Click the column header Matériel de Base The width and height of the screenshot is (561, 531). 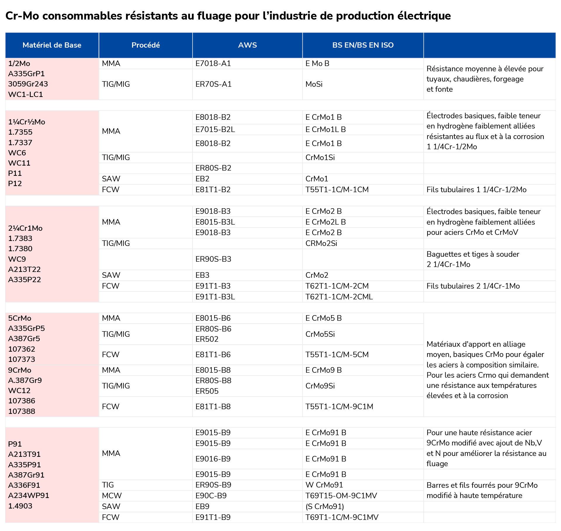pos(52,45)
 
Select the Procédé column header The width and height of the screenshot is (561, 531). pos(146,45)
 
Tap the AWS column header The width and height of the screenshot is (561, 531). pos(247,45)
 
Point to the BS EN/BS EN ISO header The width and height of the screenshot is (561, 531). pos(363,45)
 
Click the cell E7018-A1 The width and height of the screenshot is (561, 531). pos(213,63)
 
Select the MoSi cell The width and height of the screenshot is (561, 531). pos(314,84)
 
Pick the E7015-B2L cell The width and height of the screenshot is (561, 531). pos(215,129)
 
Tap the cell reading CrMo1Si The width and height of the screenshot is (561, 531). pos(320,157)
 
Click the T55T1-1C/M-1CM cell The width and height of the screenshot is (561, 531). pos(337,190)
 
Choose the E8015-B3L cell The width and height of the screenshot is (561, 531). pos(215,222)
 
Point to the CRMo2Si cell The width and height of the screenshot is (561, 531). pos(321,243)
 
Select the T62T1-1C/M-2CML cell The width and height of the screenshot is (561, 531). pos(339,297)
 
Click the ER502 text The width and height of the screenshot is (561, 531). pos(207,339)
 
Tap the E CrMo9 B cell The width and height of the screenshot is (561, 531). pos(324,370)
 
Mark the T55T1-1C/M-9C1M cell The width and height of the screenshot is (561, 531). pos(340,407)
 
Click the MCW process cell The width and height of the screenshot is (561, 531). pos(112,496)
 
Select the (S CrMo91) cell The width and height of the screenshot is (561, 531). pos(325,506)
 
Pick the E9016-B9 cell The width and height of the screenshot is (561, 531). pos(213,459)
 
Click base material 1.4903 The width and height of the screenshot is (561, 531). pos(20,506)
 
